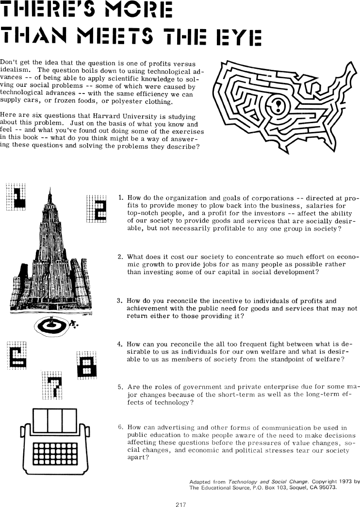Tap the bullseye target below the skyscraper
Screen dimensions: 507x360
click(55, 325)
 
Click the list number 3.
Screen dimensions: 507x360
click(119, 300)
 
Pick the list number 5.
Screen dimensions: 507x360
click(120, 387)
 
